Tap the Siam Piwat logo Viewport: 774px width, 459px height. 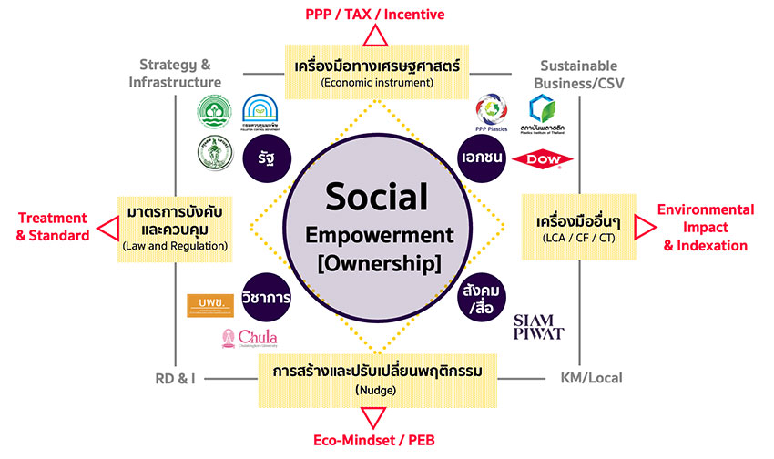539,326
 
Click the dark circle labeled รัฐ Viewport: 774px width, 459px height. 267,157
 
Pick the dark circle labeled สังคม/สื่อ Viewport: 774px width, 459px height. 482,295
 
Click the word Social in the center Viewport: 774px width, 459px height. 374,197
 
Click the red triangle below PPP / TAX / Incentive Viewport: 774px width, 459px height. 373,36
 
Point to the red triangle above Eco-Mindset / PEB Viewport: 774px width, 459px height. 373,418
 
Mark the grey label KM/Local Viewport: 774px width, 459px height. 592,376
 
